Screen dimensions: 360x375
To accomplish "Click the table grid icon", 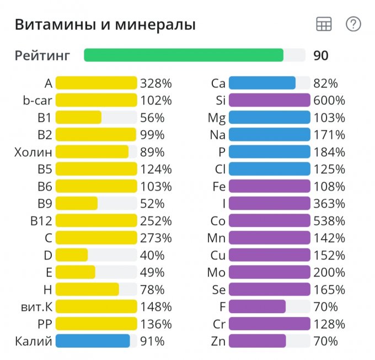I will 324,24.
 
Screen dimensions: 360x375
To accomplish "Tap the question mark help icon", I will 353,24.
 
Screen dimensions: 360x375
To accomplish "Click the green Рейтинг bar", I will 184,55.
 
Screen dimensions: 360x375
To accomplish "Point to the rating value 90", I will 321,56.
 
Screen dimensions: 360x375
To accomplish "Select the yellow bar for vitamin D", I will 72,255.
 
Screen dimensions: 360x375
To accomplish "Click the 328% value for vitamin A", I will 156,83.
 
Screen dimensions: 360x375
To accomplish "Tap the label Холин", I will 34,152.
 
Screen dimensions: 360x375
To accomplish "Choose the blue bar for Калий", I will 93,341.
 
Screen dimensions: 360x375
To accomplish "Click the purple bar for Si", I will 269,100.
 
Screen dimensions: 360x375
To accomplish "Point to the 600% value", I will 329,100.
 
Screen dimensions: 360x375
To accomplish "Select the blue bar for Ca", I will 262,83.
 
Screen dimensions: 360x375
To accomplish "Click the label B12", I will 41,221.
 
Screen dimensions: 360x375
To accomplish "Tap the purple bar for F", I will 257,306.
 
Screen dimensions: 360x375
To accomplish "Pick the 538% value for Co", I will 329,221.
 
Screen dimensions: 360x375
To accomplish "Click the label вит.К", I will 34,306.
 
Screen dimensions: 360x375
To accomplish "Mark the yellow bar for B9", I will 77,204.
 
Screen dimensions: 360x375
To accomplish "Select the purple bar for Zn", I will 257,341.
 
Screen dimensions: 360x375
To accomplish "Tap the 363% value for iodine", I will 329,204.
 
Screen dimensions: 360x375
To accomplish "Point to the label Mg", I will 217,118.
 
